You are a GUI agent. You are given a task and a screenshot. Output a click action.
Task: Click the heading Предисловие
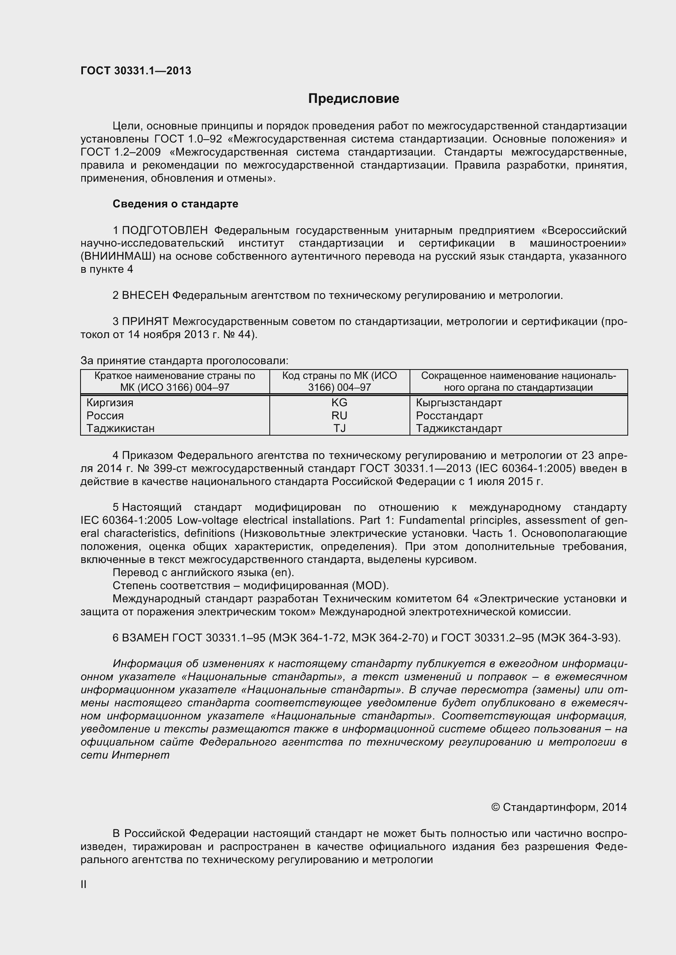[354, 98]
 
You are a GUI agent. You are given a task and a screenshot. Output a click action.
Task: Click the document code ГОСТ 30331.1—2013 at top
[136, 71]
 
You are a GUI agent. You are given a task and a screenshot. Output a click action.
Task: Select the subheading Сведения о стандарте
[175, 204]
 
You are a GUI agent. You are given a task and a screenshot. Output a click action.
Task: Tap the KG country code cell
[339, 403]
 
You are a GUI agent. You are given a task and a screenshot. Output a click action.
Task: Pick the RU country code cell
[339, 416]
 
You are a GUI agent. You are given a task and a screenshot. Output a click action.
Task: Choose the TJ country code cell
[339, 428]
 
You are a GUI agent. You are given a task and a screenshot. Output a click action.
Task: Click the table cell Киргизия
[110, 403]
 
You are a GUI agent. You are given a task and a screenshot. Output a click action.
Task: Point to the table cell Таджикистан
[120, 428]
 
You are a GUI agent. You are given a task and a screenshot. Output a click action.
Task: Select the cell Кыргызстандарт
[459, 403]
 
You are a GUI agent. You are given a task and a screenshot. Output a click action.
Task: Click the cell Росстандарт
[449, 416]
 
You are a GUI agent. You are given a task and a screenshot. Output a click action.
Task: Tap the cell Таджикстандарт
[459, 428]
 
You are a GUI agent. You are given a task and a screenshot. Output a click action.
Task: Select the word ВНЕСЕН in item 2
[145, 295]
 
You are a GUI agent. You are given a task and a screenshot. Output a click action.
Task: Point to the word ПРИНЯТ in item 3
[145, 321]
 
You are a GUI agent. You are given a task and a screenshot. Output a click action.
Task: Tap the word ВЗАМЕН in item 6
[145, 638]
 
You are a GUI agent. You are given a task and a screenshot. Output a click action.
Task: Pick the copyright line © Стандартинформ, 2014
[559, 807]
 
